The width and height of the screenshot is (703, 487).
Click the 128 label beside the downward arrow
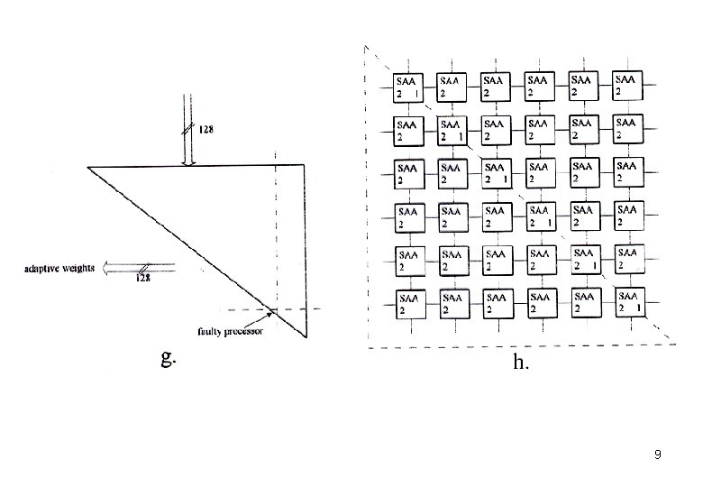(205, 130)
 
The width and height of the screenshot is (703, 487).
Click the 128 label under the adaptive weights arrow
(143, 278)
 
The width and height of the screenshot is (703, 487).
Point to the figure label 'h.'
(520, 363)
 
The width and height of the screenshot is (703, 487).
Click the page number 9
(658, 455)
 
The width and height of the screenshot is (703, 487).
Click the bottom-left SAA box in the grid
(408, 303)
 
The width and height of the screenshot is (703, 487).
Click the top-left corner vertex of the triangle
(88, 167)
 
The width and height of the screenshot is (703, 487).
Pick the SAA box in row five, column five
(585, 260)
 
